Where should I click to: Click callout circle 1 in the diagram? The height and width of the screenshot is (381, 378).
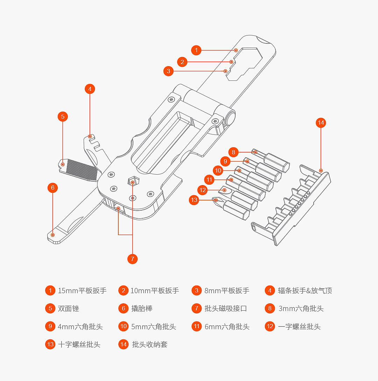[196, 50]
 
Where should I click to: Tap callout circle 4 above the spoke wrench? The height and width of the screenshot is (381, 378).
[90, 89]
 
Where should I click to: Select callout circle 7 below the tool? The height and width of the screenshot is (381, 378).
[132, 259]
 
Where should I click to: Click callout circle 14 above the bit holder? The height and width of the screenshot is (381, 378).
[321, 122]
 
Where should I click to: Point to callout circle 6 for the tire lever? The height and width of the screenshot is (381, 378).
[52, 188]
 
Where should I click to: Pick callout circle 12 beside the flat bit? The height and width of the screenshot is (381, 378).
[203, 190]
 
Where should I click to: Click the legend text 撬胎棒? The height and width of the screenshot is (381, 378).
[142, 309]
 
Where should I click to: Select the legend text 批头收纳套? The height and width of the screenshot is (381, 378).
[150, 344]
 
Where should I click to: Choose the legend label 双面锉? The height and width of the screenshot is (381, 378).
[69, 309]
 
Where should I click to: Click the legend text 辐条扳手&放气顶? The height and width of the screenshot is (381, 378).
[305, 290]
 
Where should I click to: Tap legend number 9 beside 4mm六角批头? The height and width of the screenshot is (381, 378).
[50, 326]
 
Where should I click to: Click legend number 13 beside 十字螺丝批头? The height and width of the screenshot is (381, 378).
[50, 344]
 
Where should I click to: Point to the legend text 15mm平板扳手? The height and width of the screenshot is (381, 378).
[82, 290]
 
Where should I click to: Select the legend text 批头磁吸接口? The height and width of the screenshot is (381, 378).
[226, 309]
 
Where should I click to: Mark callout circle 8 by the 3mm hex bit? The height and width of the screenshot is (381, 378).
[233, 152]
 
